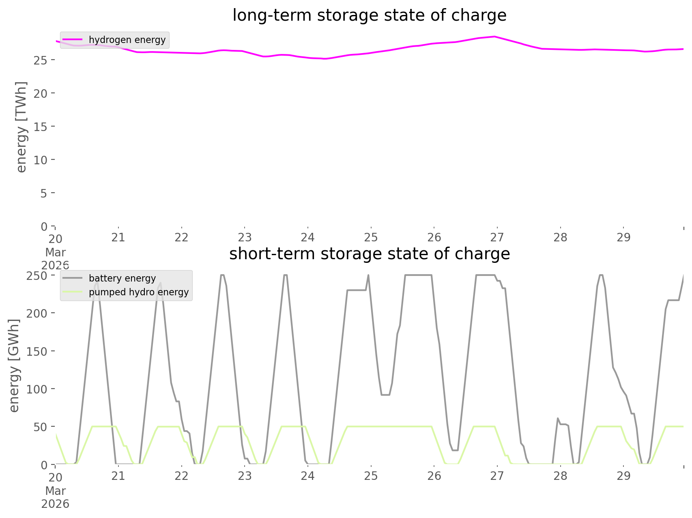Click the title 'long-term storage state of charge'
point(369,15)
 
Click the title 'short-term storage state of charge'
point(369,254)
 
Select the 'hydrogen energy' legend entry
point(127,40)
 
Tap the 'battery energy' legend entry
point(122,278)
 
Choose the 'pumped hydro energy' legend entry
point(139,292)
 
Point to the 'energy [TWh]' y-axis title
point(21,127)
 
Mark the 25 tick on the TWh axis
point(41,60)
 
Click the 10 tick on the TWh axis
point(41,160)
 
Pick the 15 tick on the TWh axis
point(41,127)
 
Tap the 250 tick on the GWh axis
point(37,275)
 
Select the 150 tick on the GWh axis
point(37,351)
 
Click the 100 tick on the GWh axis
point(37,389)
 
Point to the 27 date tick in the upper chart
point(497,237)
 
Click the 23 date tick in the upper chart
point(245,237)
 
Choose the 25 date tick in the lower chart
point(371,476)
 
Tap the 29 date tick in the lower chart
point(623,476)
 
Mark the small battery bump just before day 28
point(558,418)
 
